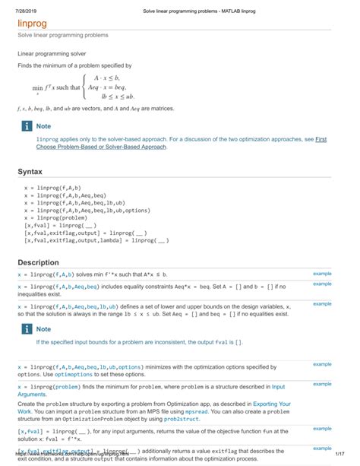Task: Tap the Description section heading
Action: coord(38,263)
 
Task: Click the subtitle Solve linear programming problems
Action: coord(63,36)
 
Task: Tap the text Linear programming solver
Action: coord(52,55)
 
